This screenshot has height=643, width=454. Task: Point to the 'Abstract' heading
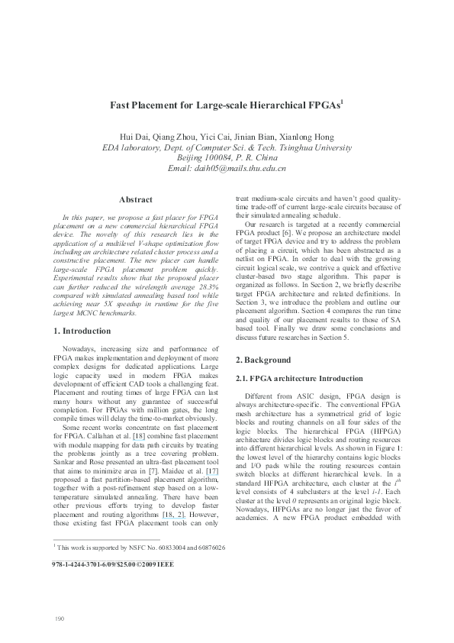pyautogui.click(x=137, y=199)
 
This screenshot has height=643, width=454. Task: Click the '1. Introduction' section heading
pyautogui.click(x=82, y=331)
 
